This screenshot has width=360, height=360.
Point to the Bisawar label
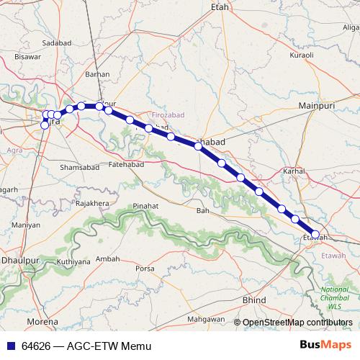[x=27, y=55]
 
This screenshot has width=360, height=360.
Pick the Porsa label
[x=145, y=269]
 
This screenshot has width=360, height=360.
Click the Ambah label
[x=108, y=258]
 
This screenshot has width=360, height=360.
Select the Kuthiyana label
[x=74, y=261]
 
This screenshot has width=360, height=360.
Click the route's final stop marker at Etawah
[x=315, y=234]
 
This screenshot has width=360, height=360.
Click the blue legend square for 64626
[x=10, y=345]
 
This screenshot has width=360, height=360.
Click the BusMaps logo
[x=325, y=344]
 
